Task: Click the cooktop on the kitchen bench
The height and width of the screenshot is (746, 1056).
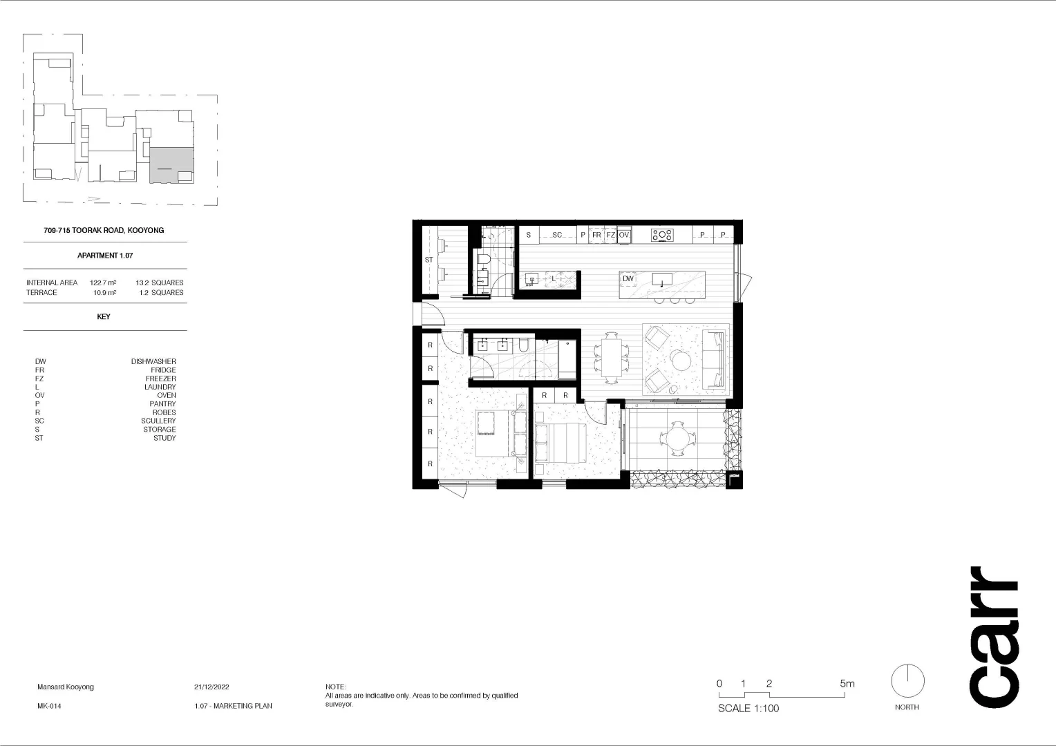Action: click(662, 235)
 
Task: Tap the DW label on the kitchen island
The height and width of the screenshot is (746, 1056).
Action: click(628, 279)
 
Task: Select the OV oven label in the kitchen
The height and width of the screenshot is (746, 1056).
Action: click(624, 235)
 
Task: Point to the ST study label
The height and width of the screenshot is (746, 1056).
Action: click(428, 260)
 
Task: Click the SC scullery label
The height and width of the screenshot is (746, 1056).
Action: click(557, 235)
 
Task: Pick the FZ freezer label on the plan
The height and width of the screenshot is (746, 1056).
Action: click(611, 235)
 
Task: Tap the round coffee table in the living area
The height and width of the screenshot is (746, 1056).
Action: click(681, 360)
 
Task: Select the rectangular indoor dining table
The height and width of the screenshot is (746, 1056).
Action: click(611, 358)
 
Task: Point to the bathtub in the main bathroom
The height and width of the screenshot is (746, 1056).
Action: click(567, 358)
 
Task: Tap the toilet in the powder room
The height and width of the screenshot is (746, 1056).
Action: click(484, 260)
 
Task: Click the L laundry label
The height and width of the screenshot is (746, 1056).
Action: click(554, 279)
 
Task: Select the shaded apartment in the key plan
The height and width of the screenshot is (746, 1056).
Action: click(171, 165)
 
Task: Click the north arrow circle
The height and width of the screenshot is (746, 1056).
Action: click(907, 682)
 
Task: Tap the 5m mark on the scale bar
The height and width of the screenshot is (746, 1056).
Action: click(847, 684)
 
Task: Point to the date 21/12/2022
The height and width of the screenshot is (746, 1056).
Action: click(211, 687)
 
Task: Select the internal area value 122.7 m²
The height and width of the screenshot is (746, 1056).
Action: click(103, 283)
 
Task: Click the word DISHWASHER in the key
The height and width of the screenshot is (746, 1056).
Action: click(153, 361)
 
